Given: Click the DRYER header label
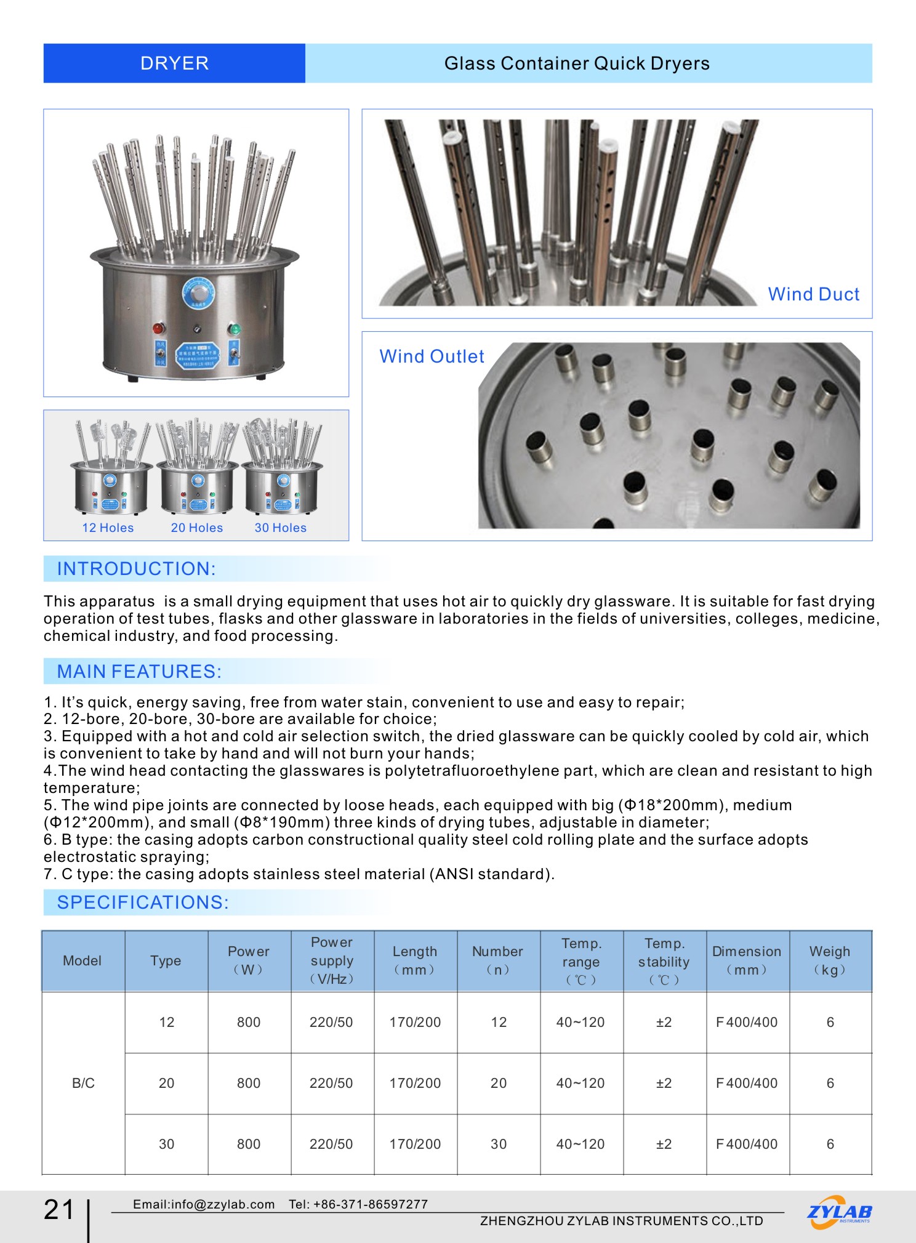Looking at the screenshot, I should coord(174,63).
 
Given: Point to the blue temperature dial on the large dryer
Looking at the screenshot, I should coord(198,293).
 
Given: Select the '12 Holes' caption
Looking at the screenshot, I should coord(108,528).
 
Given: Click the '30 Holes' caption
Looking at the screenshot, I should coord(281,528).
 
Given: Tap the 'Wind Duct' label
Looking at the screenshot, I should coord(813,294).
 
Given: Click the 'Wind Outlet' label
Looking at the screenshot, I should coord(432,356).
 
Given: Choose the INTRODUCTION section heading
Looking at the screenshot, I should coord(136,569).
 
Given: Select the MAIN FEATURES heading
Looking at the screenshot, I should coord(139,671).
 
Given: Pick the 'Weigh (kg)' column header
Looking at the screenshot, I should coord(830,960).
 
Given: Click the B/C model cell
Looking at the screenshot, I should coord(83,1083).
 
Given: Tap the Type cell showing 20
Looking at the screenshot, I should coord(166,1083).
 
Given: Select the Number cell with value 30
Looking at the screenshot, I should coord(499,1144).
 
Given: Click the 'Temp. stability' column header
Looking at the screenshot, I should coord(664,961).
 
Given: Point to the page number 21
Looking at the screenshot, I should coord(59,1210).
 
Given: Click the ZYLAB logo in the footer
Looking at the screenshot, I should coord(839,1212).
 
